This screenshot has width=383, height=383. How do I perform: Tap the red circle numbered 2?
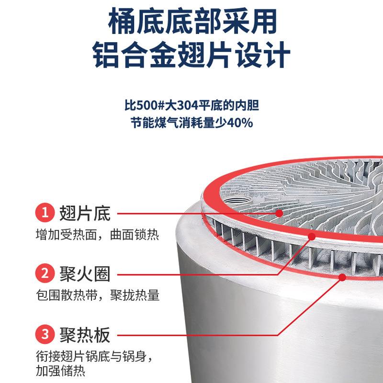[45, 274]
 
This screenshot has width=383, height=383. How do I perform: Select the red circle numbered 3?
[45, 334]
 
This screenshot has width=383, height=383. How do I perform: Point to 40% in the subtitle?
[239, 123]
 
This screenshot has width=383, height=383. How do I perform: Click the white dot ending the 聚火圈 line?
[312, 235]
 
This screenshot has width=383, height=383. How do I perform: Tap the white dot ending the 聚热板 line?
[342, 276]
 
